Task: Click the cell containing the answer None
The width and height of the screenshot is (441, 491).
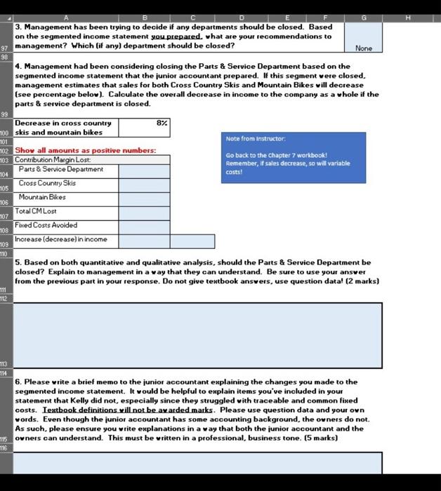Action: click(x=363, y=36)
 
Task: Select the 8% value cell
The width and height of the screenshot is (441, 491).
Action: click(x=145, y=127)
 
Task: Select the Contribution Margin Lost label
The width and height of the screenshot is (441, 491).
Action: click(x=53, y=160)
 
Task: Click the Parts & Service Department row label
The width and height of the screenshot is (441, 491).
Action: click(x=61, y=170)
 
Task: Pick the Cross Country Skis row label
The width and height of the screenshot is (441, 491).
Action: click(x=47, y=183)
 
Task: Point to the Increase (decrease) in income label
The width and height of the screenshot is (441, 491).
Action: click(x=62, y=240)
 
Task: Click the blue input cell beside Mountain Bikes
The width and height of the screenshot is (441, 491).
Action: click(x=144, y=198)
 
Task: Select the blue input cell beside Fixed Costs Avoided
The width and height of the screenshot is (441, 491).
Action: click(x=144, y=226)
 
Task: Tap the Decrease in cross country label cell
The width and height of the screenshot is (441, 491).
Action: click(x=66, y=127)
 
